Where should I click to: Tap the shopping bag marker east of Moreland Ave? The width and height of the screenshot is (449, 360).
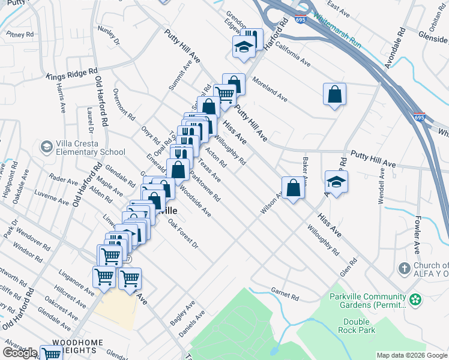coord(334,95)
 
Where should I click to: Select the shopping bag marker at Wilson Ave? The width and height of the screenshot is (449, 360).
coord(292,188)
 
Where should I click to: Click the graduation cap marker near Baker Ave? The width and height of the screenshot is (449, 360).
coord(337,182)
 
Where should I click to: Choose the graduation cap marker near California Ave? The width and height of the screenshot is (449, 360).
coord(244,47)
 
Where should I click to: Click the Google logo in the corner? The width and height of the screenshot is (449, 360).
coord(20,352)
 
